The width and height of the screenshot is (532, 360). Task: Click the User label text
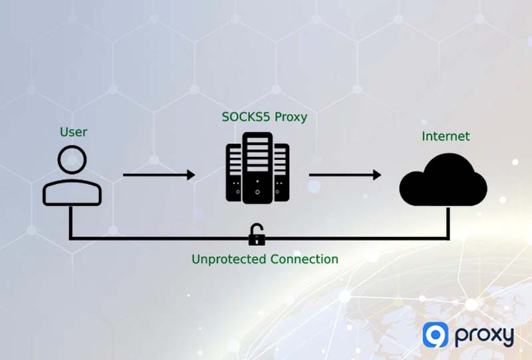[x=73, y=132]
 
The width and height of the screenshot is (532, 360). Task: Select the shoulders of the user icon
[x=72, y=192]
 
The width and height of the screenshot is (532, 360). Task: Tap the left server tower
[x=233, y=172]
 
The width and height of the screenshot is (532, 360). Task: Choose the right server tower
[x=282, y=172]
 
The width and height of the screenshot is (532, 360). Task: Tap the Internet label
[x=446, y=136]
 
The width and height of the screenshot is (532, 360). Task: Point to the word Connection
[x=303, y=259]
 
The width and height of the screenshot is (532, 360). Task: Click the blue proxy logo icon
[x=436, y=336]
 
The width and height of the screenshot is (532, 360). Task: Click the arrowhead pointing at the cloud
[x=377, y=175]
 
